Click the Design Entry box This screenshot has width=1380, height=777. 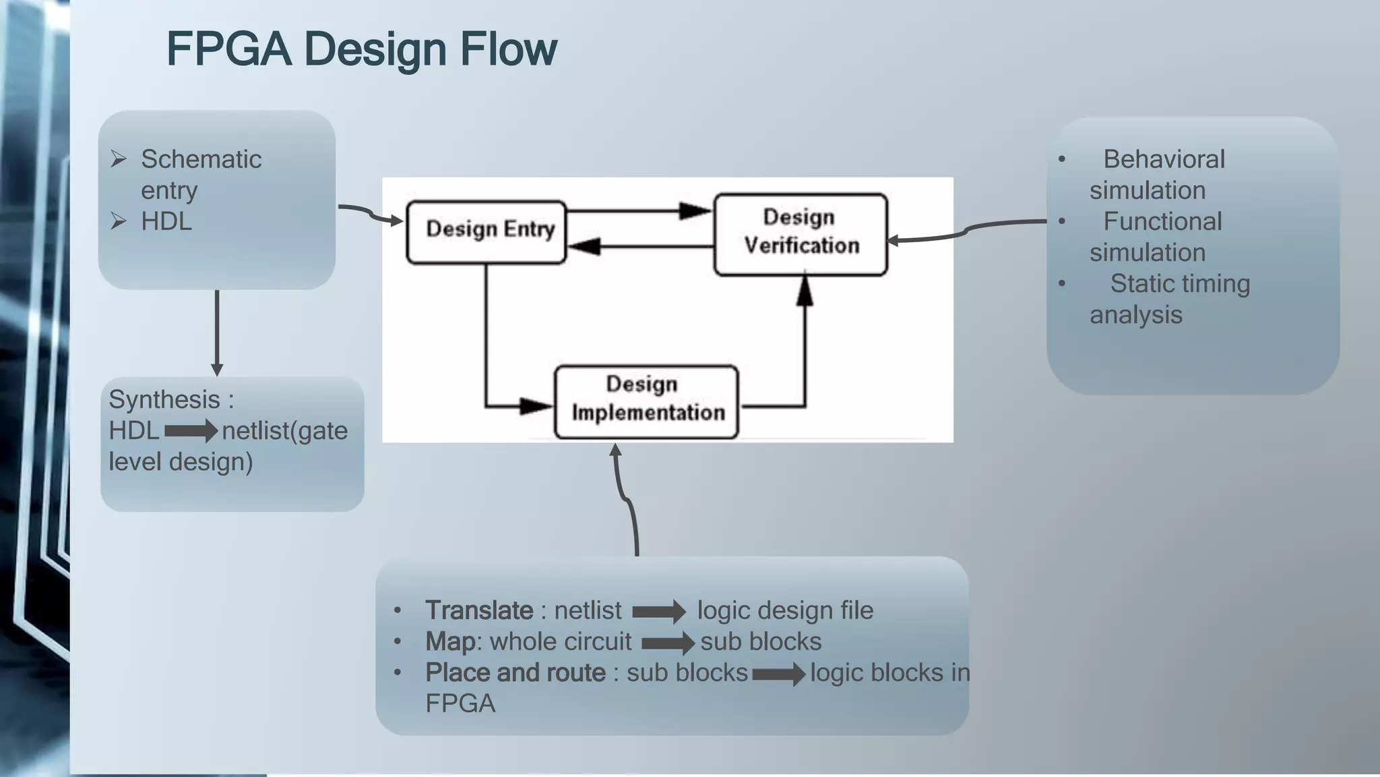[x=487, y=232]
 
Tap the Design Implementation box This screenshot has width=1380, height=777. [x=646, y=401]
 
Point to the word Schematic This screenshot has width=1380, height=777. [x=201, y=160]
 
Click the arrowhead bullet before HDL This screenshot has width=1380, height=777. [x=119, y=221]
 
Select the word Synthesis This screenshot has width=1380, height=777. [x=164, y=399]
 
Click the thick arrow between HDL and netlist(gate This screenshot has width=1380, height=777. [x=191, y=430]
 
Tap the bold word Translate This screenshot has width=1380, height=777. [x=479, y=610]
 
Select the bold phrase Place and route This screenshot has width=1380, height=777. [x=515, y=672]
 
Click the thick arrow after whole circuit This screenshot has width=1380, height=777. [x=668, y=643]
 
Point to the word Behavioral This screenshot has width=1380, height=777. [x=1164, y=160]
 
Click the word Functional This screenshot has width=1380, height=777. [x=1162, y=222]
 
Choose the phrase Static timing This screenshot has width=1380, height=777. [x=1180, y=284]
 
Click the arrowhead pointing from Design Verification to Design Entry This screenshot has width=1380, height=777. [x=585, y=247]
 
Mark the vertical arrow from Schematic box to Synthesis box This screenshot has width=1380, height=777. [x=217, y=334]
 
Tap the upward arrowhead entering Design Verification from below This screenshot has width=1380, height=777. [x=805, y=291]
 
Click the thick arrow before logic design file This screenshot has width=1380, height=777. [x=658, y=612]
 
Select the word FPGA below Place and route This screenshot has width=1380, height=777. [x=460, y=703]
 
